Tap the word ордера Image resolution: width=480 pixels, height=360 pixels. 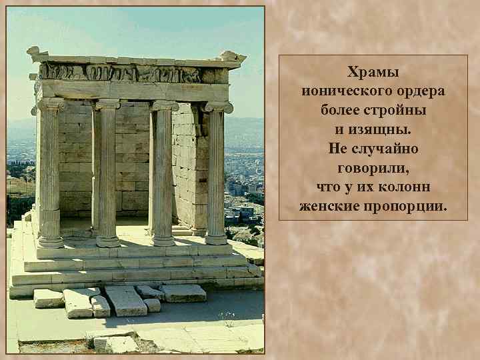point(417,91)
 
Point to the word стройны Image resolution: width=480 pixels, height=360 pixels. point(398,110)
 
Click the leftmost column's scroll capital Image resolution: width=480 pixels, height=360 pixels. point(51,105)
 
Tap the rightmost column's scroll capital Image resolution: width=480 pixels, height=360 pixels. point(217,107)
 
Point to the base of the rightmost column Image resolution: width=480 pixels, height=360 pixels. point(216,238)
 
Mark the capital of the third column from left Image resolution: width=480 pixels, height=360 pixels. point(163,105)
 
